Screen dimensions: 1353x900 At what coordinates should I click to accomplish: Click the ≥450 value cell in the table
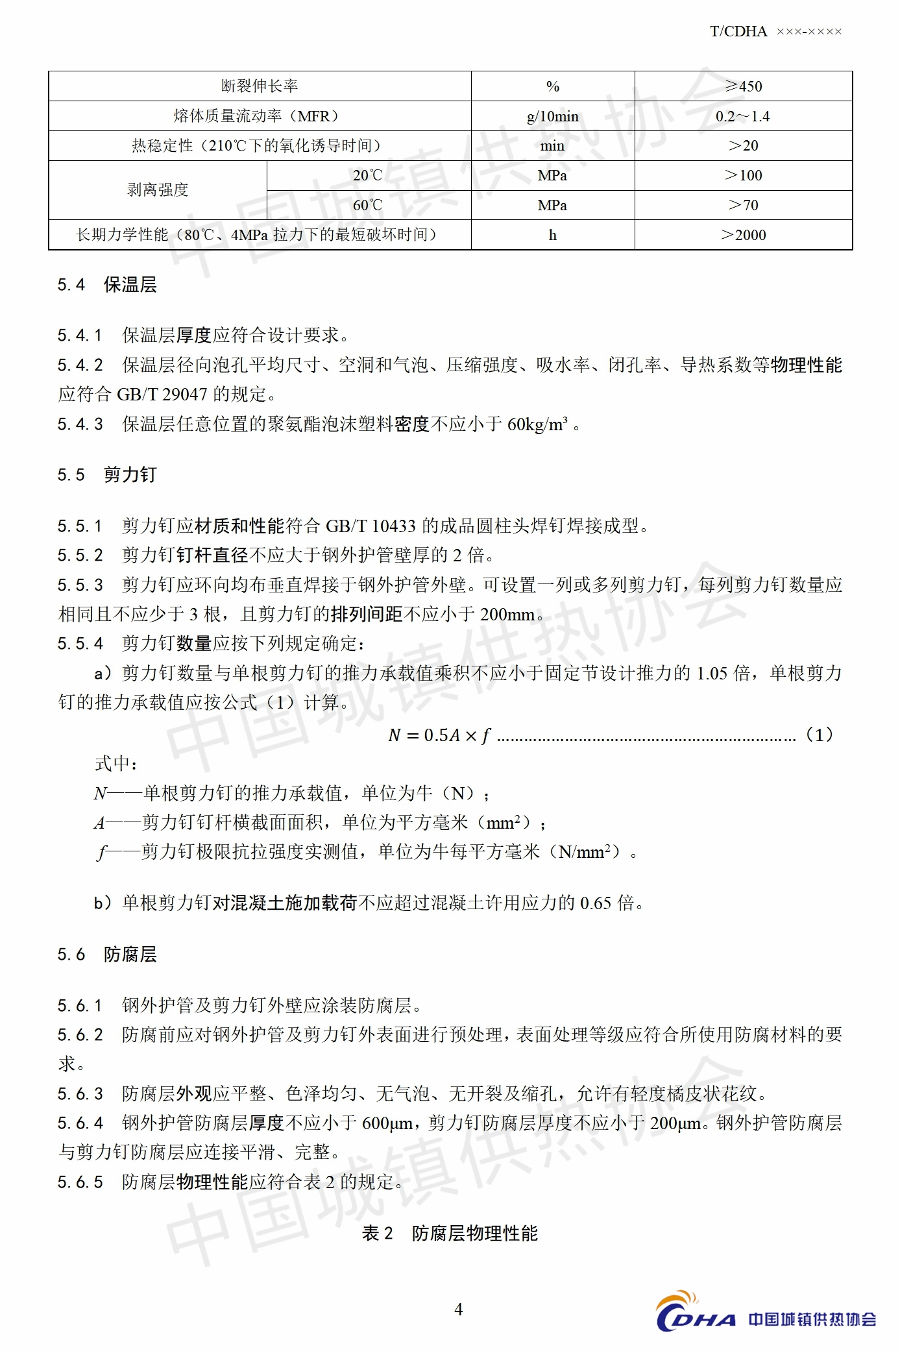click(x=743, y=86)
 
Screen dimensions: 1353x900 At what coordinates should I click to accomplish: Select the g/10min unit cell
click(x=552, y=117)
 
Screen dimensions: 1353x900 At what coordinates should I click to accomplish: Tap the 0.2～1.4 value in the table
click(x=742, y=117)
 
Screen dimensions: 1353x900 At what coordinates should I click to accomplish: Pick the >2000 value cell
click(x=743, y=235)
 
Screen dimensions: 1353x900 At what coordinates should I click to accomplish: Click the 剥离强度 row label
click(x=158, y=190)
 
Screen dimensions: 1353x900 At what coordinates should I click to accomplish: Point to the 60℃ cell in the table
click(x=368, y=205)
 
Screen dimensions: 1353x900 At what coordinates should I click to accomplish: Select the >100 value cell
click(x=743, y=175)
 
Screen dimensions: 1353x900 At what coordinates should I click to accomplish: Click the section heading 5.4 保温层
click(x=107, y=285)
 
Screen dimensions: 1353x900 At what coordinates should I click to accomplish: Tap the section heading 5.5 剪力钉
click(x=107, y=475)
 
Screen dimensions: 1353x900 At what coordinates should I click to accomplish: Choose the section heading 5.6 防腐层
click(x=107, y=955)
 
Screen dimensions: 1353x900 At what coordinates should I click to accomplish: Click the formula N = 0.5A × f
click(x=439, y=735)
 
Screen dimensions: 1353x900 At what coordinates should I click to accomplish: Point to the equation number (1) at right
click(x=819, y=735)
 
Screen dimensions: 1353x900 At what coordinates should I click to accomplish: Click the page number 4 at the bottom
click(x=458, y=1310)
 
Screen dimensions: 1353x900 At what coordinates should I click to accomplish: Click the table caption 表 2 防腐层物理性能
click(x=450, y=1233)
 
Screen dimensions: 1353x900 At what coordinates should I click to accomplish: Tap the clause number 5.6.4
click(x=80, y=1123)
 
